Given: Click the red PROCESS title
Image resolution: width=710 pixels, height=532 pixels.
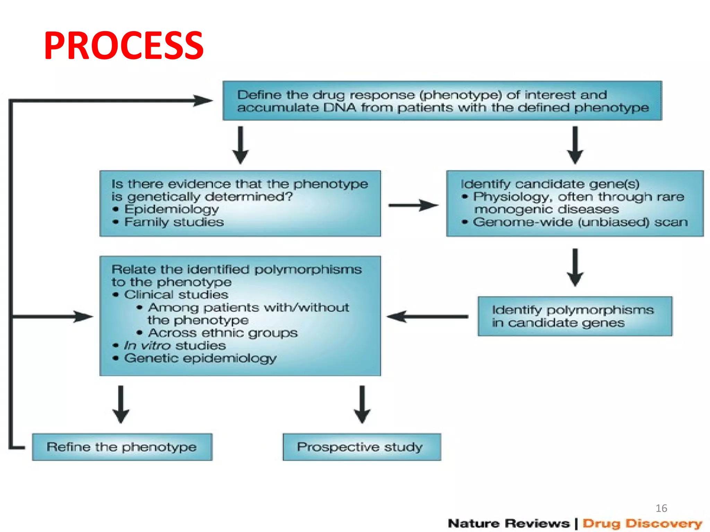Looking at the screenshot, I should coord(124,46).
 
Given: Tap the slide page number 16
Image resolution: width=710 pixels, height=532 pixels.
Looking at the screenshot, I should coord(661,508).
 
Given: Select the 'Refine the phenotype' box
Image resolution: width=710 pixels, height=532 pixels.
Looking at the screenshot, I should coord(122,447).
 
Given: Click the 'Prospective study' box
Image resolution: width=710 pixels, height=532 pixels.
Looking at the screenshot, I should coord(362,447).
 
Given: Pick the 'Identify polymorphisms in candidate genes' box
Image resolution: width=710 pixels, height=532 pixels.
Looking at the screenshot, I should coord(574,316).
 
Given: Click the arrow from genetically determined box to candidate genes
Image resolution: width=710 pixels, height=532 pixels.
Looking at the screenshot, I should coord(413,205).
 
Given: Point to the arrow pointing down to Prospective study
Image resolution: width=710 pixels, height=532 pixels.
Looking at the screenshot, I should coord(362,404).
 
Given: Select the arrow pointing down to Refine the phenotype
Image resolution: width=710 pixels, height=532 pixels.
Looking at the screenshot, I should coord(121,404).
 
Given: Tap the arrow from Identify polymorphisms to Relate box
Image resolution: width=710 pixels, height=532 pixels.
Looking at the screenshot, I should coord(427,316).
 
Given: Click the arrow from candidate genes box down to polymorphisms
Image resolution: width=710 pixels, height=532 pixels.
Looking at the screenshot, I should coord(575,267).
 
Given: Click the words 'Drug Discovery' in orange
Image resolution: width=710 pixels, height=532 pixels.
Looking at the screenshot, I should coord(642,523).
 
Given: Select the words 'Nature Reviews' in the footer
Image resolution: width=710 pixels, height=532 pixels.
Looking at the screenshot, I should coord(509,523).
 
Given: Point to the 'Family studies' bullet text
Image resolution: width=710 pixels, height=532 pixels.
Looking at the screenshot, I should coord(174,222).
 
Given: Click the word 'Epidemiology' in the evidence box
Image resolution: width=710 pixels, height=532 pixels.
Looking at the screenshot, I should coord(172,209).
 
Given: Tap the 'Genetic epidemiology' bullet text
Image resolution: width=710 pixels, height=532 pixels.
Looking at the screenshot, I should coord(200,358).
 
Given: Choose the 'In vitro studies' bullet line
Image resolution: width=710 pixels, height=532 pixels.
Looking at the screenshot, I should coord(175,345).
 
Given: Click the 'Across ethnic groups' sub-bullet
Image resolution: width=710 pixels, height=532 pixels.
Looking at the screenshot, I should coord(223,333).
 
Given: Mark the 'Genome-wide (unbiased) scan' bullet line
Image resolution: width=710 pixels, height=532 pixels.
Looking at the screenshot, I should coord(580,222).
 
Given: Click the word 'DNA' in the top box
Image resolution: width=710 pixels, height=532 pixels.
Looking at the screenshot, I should coord(339,108).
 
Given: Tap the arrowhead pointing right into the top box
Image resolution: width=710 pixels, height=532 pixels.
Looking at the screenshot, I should coord(203,101).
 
